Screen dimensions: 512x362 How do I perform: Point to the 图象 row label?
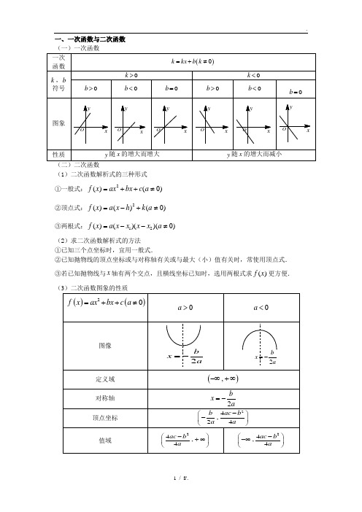point(58,123)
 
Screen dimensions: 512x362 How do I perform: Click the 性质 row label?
point(58,155)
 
